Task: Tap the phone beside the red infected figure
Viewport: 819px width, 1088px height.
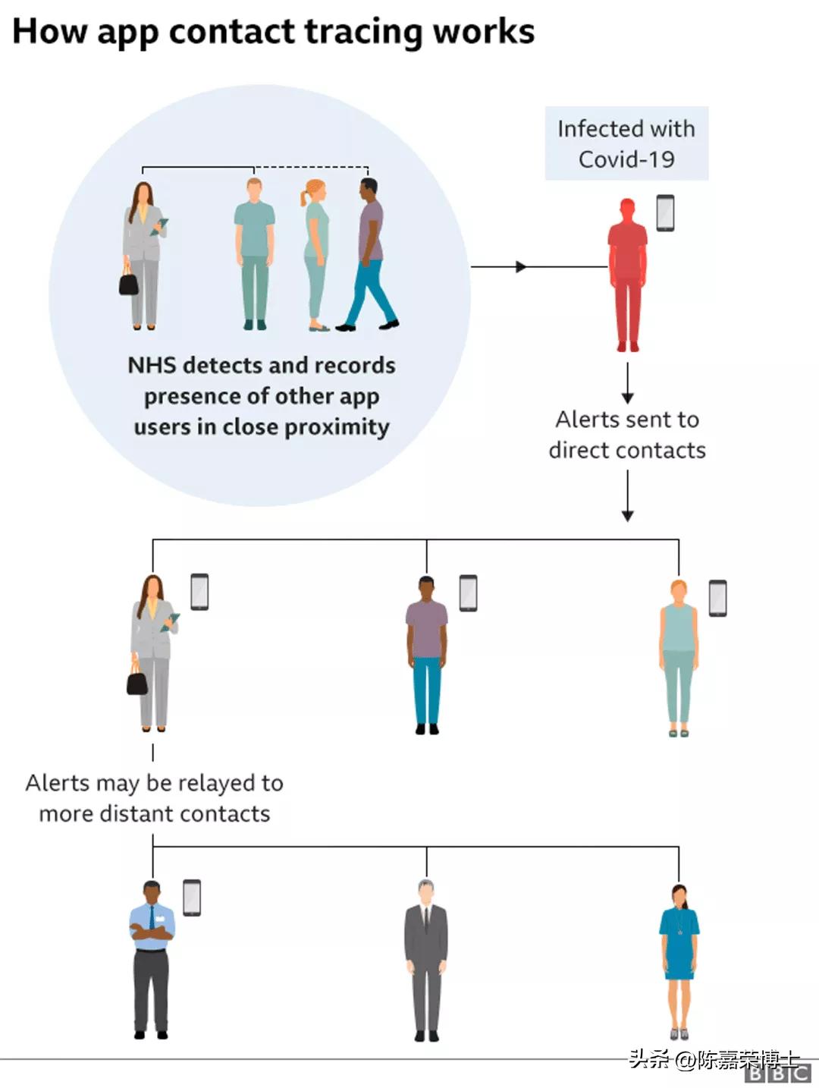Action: [665, 213]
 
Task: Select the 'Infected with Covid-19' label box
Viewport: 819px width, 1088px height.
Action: [626, 143]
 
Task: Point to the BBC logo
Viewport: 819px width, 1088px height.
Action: [777, 1074]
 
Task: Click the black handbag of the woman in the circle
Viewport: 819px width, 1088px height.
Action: [130, 281]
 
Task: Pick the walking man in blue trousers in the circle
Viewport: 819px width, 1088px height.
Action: [370, 254]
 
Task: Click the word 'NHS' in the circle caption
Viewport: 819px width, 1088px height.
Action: [152, 366]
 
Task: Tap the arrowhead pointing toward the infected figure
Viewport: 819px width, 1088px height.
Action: [521, 267]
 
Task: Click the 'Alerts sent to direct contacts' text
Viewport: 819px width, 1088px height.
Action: [627, 435]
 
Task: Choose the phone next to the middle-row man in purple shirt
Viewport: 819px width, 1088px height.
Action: [468, 593]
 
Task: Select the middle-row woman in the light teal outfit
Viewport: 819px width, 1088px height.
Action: [679, 657]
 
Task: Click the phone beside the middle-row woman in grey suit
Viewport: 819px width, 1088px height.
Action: [199, 592]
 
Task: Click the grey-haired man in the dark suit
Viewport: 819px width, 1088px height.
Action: [426, 959]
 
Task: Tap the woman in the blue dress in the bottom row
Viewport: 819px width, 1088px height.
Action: [679, 960]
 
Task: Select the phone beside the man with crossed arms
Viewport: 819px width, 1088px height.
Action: [192, 898]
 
